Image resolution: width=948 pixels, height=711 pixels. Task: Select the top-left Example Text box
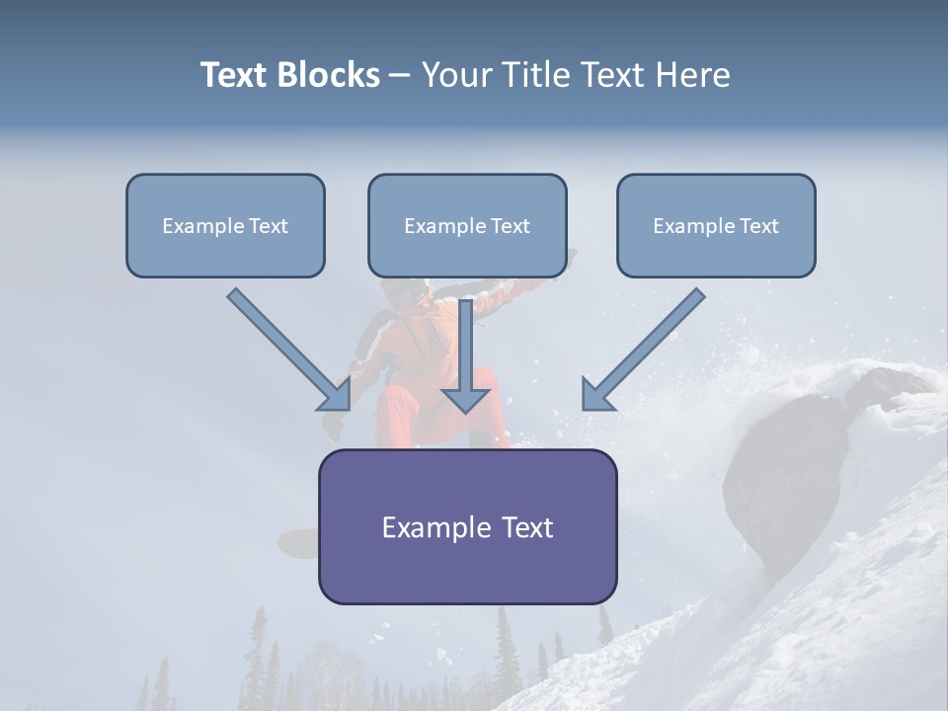pos(225,225)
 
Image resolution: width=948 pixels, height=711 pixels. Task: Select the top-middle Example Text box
pos(467,225)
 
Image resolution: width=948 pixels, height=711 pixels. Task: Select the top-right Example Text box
pos(716,225)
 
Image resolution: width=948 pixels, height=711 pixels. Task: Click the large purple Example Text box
pos(467,526)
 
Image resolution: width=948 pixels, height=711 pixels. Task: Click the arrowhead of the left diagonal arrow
pos(336,395)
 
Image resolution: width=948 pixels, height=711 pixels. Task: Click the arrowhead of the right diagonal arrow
pos(596,395)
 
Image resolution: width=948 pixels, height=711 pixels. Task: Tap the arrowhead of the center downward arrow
pos(465,399)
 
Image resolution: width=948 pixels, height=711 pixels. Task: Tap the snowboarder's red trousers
pos(400,415)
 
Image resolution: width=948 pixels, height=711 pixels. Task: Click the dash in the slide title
pos(400,75)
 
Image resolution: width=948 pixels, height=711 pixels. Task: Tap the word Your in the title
pos(457,75)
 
